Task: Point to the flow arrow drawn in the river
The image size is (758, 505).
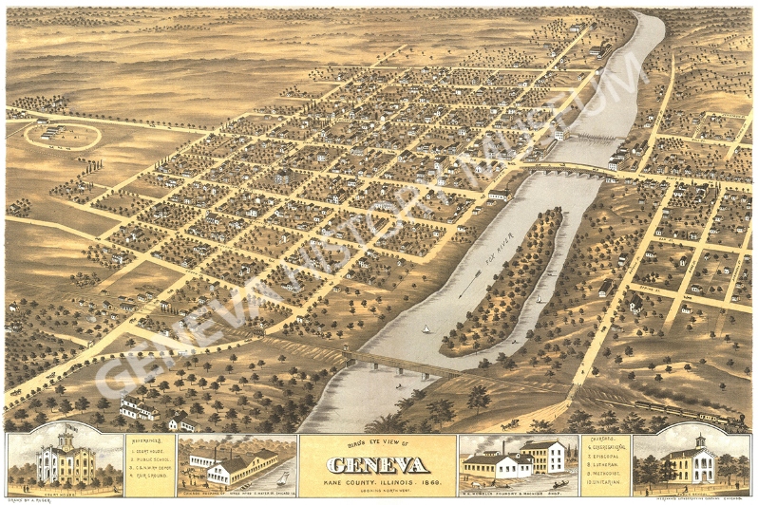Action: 469,284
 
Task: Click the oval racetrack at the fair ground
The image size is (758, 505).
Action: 63,135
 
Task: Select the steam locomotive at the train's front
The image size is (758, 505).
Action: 737,419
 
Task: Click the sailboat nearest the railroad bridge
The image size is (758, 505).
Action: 425,329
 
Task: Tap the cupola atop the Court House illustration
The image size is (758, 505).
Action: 66,438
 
